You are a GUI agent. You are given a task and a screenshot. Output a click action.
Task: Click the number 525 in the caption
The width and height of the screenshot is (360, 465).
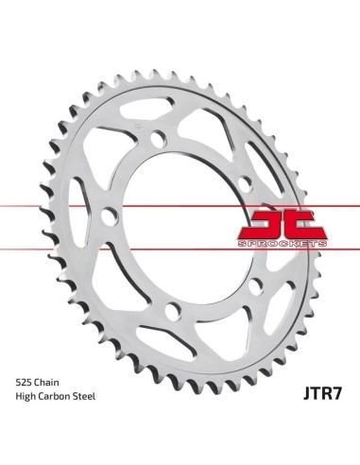[x=24, y=383]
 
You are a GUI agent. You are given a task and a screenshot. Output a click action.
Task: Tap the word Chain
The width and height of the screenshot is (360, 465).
[x=46, y=383]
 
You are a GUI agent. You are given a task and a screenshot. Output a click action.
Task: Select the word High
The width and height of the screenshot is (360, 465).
[x=26, y=397]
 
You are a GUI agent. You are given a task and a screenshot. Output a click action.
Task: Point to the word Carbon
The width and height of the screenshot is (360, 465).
[x=55, y=396]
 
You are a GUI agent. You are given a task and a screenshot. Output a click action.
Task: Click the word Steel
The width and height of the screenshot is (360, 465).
[x=84, y=396]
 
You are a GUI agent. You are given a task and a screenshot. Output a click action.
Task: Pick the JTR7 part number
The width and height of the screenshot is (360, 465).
[x=322, y=393]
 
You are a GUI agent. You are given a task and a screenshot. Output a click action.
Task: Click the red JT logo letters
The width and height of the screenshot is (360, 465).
[x=282, y=224]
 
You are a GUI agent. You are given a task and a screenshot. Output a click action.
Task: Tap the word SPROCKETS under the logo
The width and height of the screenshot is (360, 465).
[x=282, y=244]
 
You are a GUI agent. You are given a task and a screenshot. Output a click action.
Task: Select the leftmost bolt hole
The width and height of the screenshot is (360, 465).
[x=110, y=215]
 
